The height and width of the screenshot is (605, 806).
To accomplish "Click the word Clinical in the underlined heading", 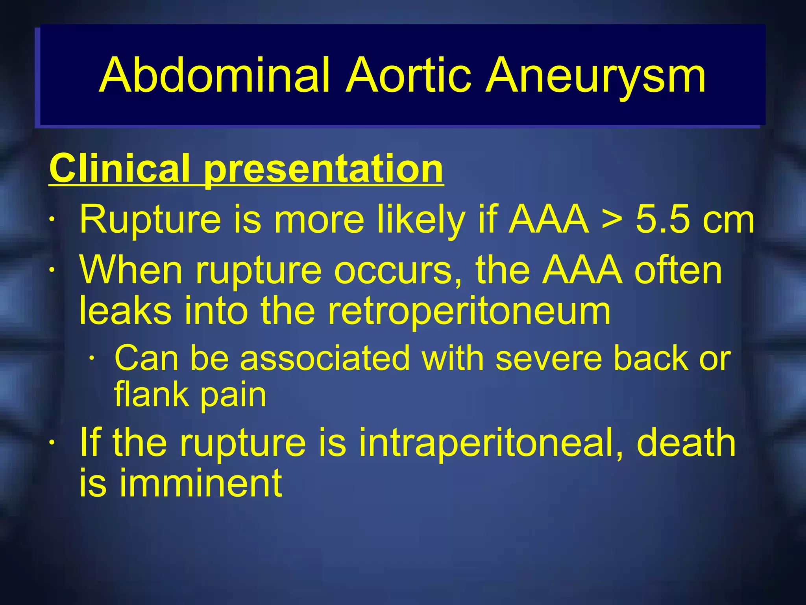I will pyautogui.click(x=120, y=168).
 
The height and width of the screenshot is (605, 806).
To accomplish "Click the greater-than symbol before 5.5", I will pyautogui.click(x=612, y=219).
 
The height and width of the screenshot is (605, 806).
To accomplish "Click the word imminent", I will pyautogui.click(x=201, y=483).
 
